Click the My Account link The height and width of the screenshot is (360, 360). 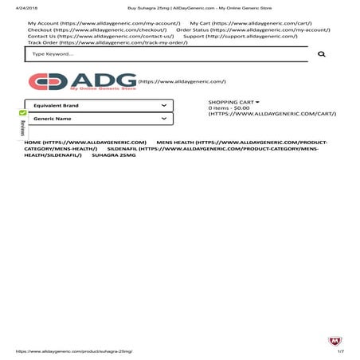tap(104, 24)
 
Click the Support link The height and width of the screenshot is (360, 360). tap(240, 37)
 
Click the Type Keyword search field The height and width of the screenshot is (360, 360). tap(159, 54)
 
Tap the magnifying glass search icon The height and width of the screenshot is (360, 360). tap(322, 54)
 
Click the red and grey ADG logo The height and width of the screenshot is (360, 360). tap(81, 83)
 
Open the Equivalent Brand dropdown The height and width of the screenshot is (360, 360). tap(99, 105)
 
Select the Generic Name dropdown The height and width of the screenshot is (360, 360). tap(99, 119)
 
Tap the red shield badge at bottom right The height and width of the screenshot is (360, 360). tap(335, 341)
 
